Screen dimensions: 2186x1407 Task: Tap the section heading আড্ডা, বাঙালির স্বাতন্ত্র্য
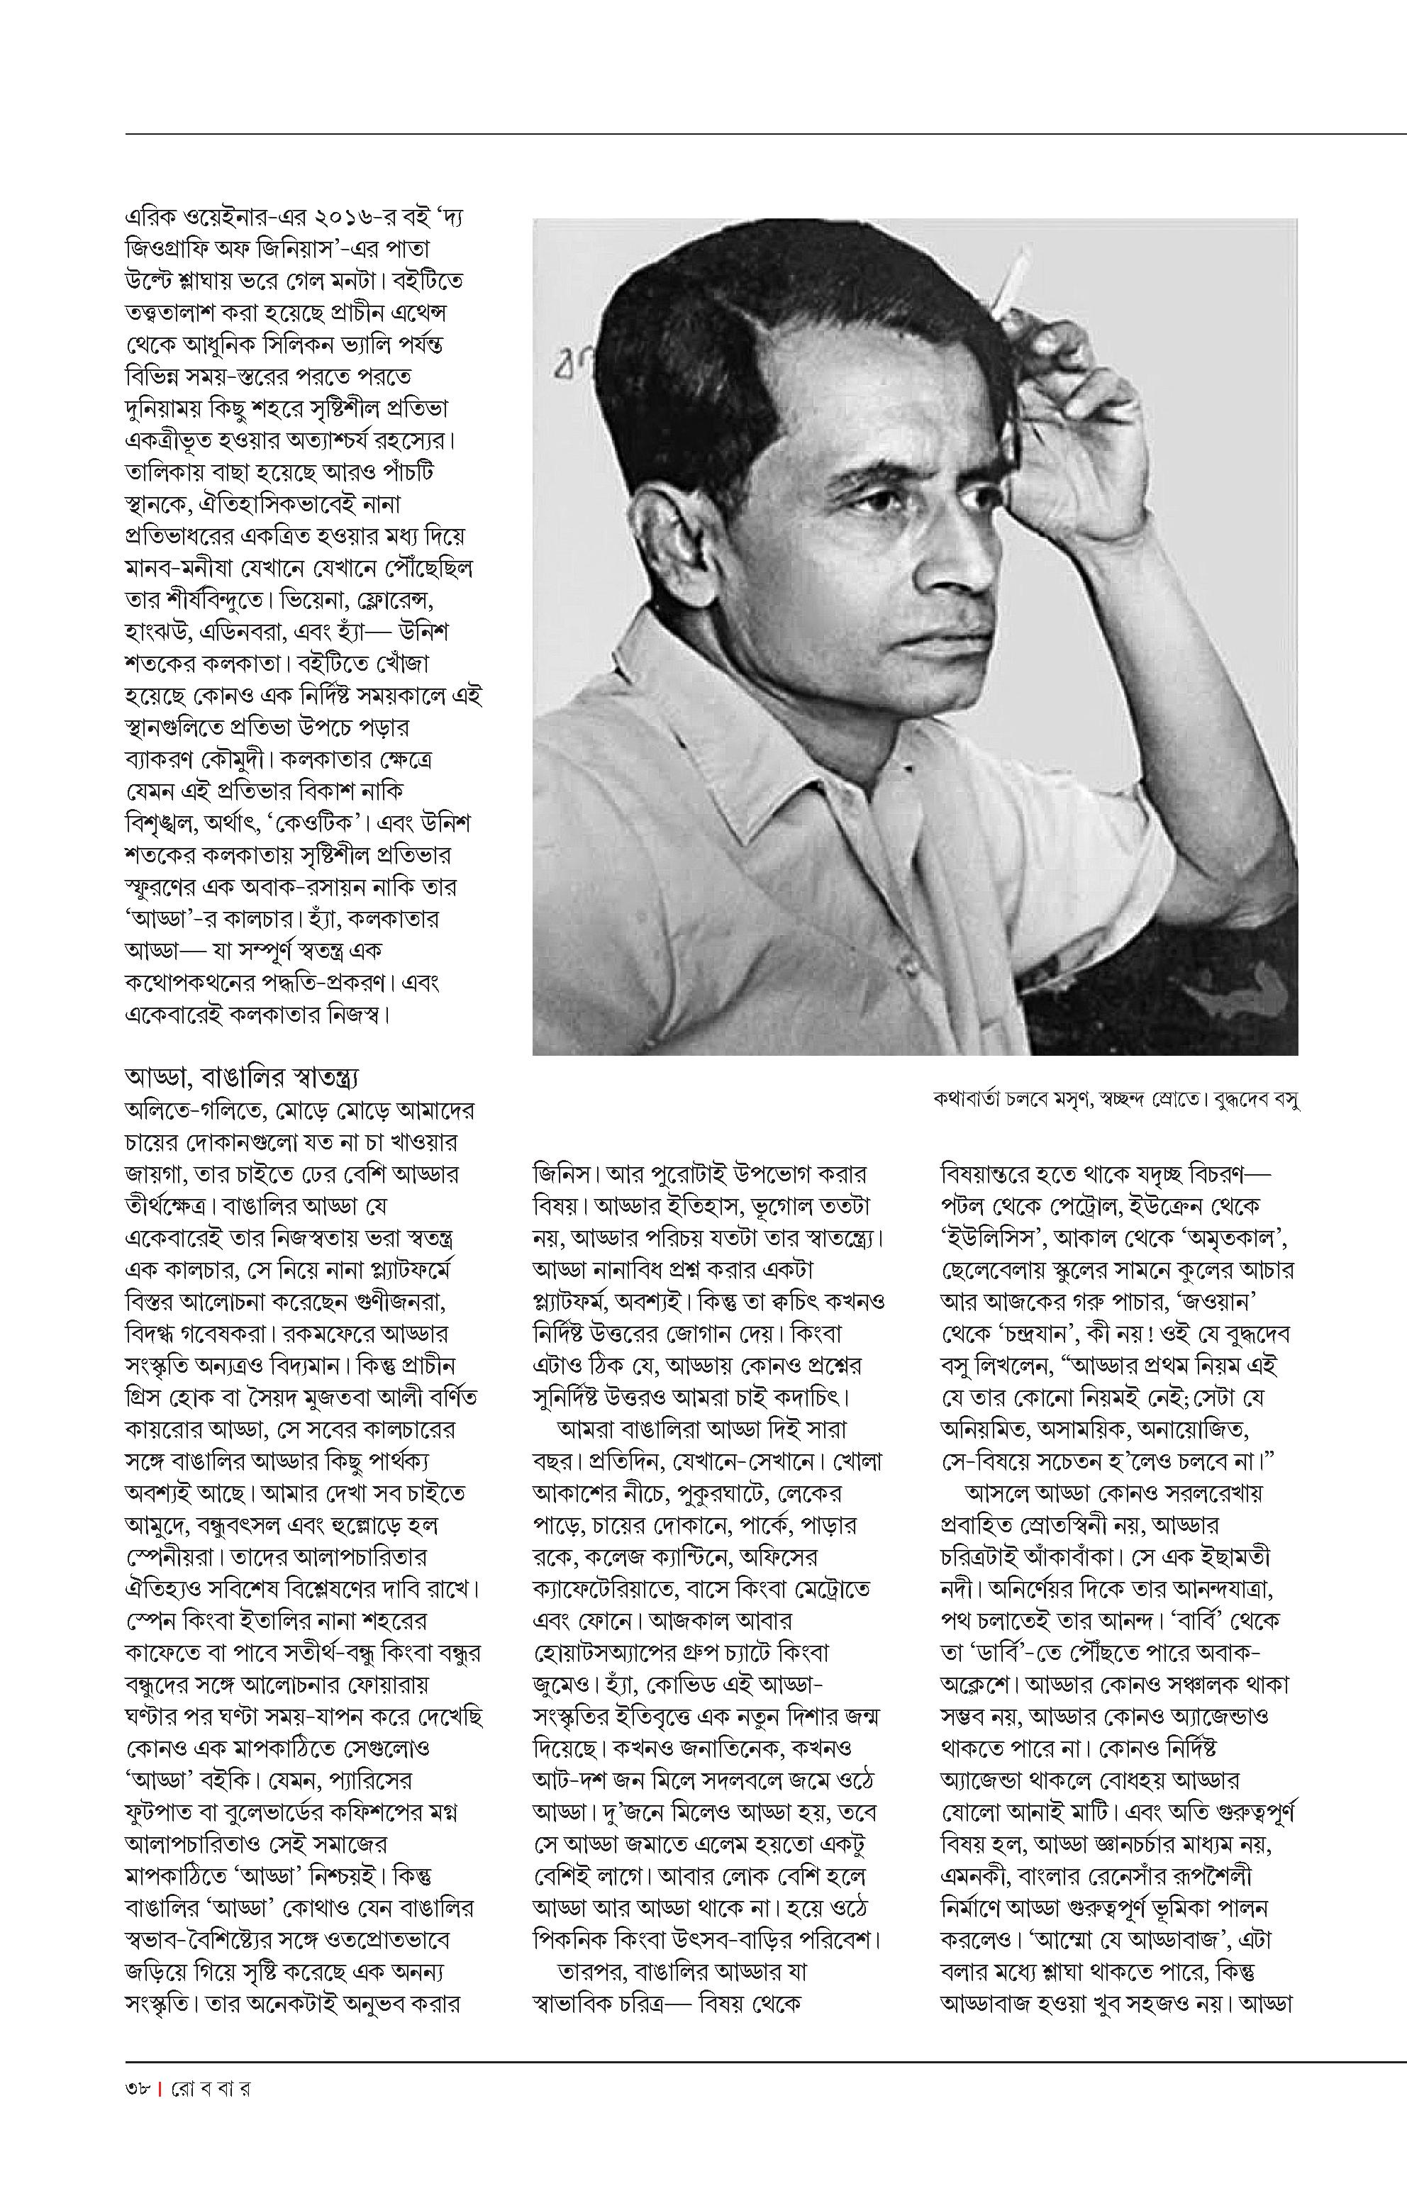(x=246, y=1076)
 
